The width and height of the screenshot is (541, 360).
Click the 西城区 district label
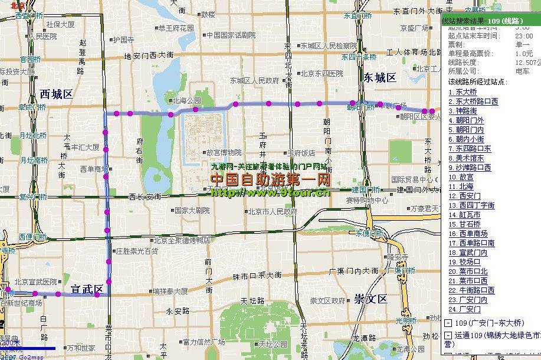[56, 94]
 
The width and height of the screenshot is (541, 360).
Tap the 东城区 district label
[379, 78]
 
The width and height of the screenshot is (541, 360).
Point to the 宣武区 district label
[87, 289]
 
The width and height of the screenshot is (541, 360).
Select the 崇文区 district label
[370, 299]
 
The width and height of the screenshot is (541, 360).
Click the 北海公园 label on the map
[186, 100]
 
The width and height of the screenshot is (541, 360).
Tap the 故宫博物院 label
[223, 152]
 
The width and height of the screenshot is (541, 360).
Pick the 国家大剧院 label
[192, 210]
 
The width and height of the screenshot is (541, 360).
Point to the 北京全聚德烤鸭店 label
[182, 240]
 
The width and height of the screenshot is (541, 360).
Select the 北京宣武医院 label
[36, 282]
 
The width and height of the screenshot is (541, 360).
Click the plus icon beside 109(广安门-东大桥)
[448, 323]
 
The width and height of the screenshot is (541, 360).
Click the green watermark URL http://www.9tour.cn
[270, 192]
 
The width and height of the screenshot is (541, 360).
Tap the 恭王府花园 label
[176, 28]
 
